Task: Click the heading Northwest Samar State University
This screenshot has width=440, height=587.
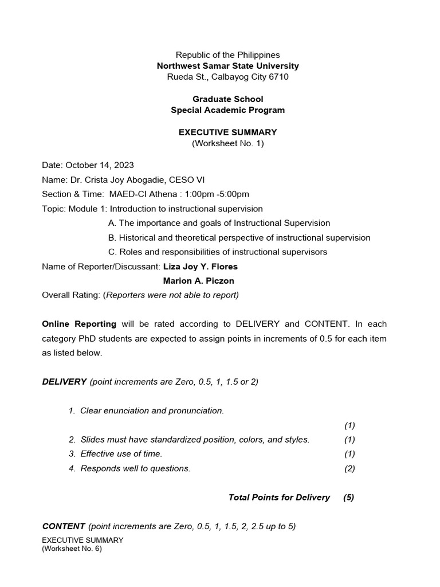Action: click(x=227, y=66)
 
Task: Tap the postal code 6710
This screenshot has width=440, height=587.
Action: click(x=278, y=77)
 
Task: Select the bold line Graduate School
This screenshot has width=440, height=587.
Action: click(x=227, y=99)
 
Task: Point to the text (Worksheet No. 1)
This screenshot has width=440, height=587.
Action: click(x=227, y=143)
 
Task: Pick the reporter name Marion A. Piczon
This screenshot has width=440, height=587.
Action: click(x=198, y=281)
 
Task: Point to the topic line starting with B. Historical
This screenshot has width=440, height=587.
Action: click(x=239, y=237)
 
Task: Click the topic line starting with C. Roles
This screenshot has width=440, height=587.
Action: click(x=218, y=252)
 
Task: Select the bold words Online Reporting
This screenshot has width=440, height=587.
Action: click(x=79, y=323)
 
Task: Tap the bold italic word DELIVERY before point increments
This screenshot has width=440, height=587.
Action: click(x=64, y=381)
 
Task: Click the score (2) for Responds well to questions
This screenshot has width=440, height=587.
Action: click(x=349, y=468)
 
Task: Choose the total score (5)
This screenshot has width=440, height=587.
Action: click(x=348, y=497)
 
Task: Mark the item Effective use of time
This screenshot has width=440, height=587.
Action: click(x=121, y=453)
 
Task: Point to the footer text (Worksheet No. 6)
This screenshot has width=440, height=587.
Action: click(x=72, y=549)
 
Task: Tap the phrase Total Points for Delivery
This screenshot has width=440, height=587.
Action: click(x=279, y=497)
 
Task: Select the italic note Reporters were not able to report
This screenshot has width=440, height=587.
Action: click(x=172, y=295)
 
